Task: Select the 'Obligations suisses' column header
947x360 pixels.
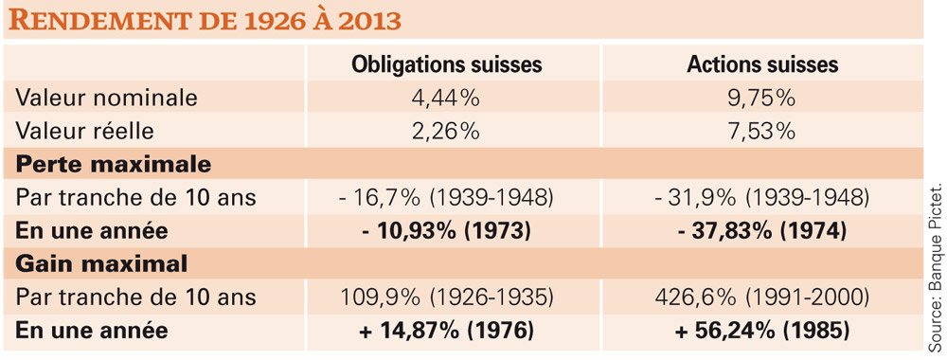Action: [x=447, y=64]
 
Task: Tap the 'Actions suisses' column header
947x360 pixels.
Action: [x=762, y=64]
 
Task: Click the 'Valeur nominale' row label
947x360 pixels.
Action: [x=106, y=98]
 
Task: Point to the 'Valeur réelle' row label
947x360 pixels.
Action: [x=84, y=131]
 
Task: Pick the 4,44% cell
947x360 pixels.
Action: [x=448, y=98]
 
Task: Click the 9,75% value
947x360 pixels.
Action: [x=762, y=98]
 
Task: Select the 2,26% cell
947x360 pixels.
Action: [x=448, y=131]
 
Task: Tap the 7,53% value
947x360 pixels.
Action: [x=762, y=131]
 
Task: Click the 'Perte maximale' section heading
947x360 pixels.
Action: [x=113, y=164]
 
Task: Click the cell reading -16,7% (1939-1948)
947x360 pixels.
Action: [x=448, y=197]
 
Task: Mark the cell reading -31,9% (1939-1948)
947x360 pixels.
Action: [x=762, y=197]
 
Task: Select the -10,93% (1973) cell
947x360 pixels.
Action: [x=448, y=231]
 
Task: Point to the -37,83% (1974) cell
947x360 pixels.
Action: [x=762, y=231]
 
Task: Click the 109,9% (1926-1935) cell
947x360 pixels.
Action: [x=448, y=297]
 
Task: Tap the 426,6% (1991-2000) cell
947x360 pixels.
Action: [x=762, y=297]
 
